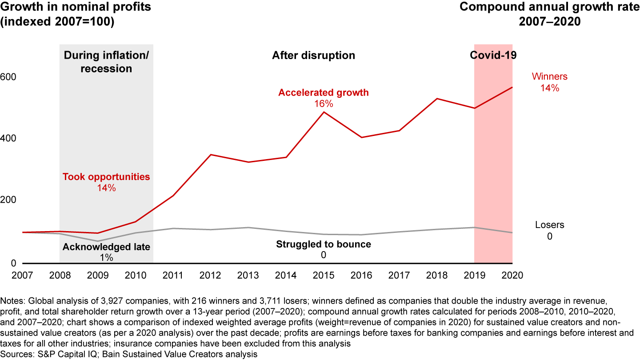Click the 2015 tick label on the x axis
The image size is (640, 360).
tap(324, 275)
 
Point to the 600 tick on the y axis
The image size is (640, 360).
tap(9, 77)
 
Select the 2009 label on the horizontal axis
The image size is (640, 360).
tap(97, 275)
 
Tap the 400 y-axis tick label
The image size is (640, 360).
tap(9, 139)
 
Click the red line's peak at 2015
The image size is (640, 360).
tap(324, 112)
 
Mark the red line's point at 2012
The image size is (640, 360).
tap(210, 155)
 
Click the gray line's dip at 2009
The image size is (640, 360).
tap(97, 241)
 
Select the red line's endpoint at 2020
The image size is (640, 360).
tap(512, 87)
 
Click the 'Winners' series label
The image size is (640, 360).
tap(549, 77)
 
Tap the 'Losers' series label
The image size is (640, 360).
tap(549, 225)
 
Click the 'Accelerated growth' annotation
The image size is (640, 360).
tap(324, 93)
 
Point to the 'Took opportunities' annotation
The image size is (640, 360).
tap(106, 177)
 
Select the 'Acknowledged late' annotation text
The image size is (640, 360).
tap(106, 247)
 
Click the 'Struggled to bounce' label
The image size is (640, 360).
tap(324, 244)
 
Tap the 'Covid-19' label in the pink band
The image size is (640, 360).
tap(493, 56)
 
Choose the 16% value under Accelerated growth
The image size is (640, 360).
tap(324, 104)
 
